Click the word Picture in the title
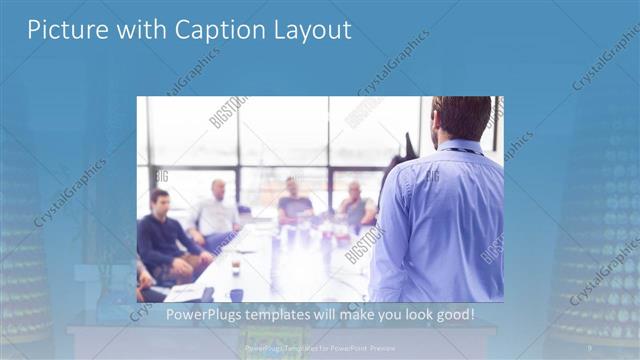coord(63,30)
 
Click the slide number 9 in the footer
coord(589,348)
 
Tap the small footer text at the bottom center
coord(320,348)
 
